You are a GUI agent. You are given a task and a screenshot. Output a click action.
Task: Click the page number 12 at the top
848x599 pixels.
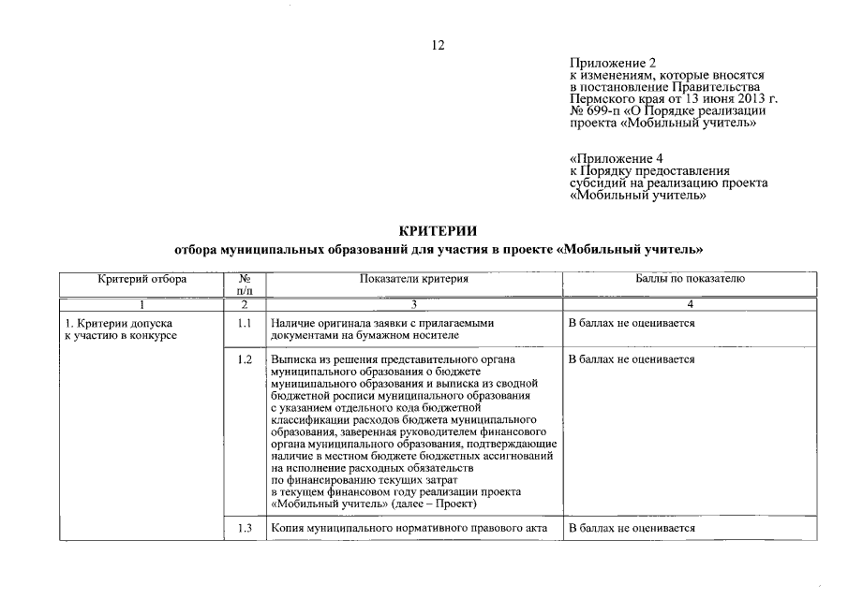437,46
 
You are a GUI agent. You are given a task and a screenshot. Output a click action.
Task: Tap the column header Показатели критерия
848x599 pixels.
413,279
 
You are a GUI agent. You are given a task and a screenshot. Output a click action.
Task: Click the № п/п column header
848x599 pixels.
245,285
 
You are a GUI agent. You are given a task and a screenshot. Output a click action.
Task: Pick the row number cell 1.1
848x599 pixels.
245,324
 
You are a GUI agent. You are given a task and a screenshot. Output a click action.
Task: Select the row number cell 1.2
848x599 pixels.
245,359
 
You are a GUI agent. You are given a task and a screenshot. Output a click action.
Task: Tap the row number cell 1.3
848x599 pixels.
245,529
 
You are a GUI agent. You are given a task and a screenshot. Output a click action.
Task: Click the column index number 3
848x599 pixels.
413,305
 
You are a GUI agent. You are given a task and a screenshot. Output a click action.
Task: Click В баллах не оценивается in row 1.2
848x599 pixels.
632,359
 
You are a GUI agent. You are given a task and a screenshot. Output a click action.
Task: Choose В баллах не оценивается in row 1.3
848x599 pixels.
632,529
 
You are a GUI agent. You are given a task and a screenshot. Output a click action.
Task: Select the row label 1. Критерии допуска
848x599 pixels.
114,324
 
